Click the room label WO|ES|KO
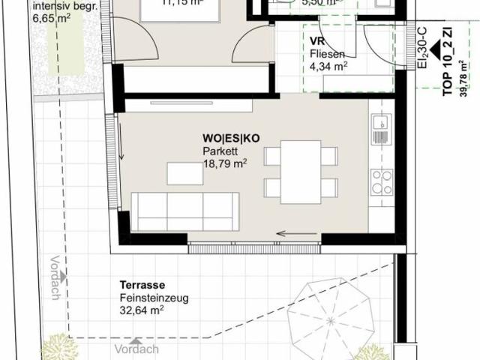click(230, 139)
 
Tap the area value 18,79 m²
click(225, 160)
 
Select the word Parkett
click(219, 150)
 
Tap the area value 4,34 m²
click(328, 66)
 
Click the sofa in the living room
click(185, 211)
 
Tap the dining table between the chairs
click(301, 172)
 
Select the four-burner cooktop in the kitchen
click(381, 181)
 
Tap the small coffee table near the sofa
click(184, 174)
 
